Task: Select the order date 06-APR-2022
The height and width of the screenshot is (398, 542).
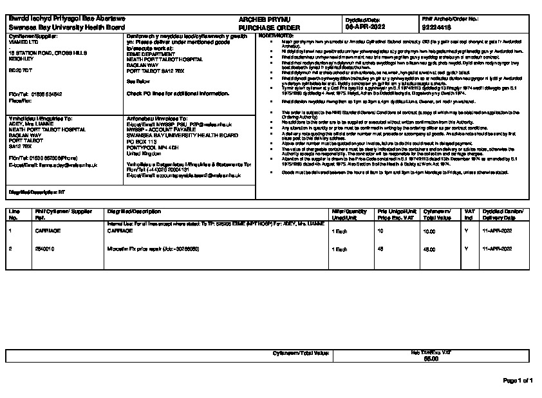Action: pos(366,28)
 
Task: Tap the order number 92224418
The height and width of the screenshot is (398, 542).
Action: pos(436,28)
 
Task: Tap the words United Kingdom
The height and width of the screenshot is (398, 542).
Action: pos(143,155)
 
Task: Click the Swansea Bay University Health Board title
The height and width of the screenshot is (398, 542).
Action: pos(66,28)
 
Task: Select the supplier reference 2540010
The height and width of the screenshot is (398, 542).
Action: pos(43,248)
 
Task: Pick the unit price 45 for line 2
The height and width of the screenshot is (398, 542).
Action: pos(380,248)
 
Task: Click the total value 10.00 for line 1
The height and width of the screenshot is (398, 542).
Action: pos(429,231)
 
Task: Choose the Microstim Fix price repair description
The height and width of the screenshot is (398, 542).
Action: pos(153,248)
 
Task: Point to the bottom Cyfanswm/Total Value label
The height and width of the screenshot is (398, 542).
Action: pos(301,354)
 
